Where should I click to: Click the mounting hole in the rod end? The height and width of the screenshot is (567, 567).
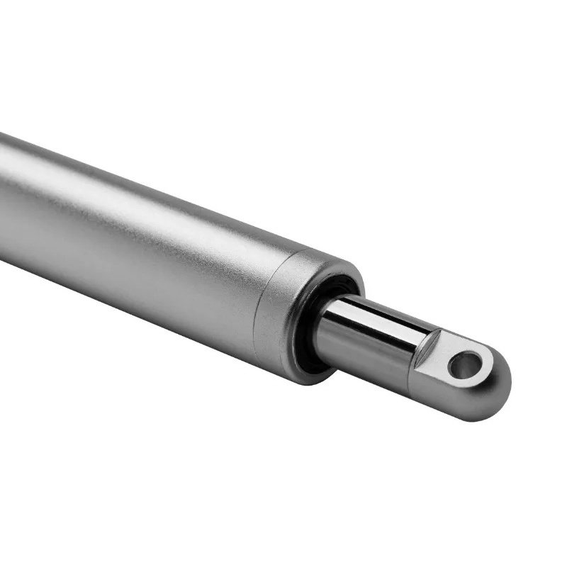pyautogui.click(x=465, y=365)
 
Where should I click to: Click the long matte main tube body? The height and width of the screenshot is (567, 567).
pyautogui.click(x=142, y=234)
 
